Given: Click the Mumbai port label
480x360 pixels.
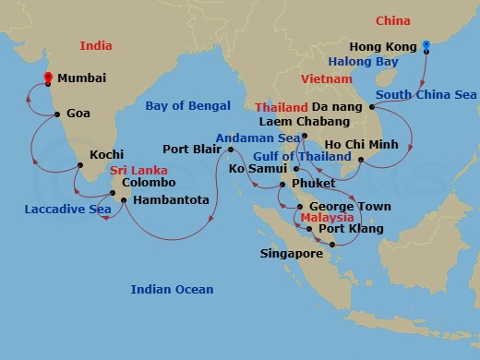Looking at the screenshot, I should click(80, 80).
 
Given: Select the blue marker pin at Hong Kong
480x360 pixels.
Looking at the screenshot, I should click(426, 43).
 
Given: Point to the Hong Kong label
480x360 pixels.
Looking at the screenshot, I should click(384, 45).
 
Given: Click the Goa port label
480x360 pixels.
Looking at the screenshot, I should click(78, 114).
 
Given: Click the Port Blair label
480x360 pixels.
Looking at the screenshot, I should click(189, 149).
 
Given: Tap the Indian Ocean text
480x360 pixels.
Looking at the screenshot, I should click(172, 290).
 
